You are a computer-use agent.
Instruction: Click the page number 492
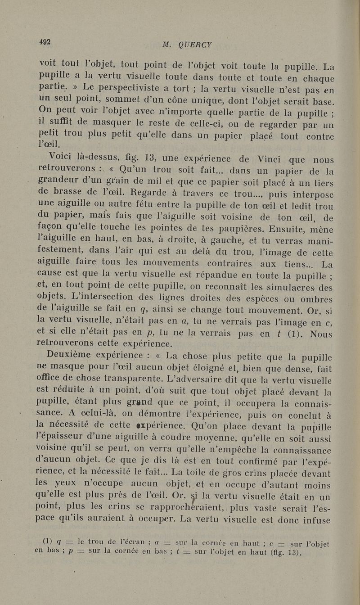[45, 42]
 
